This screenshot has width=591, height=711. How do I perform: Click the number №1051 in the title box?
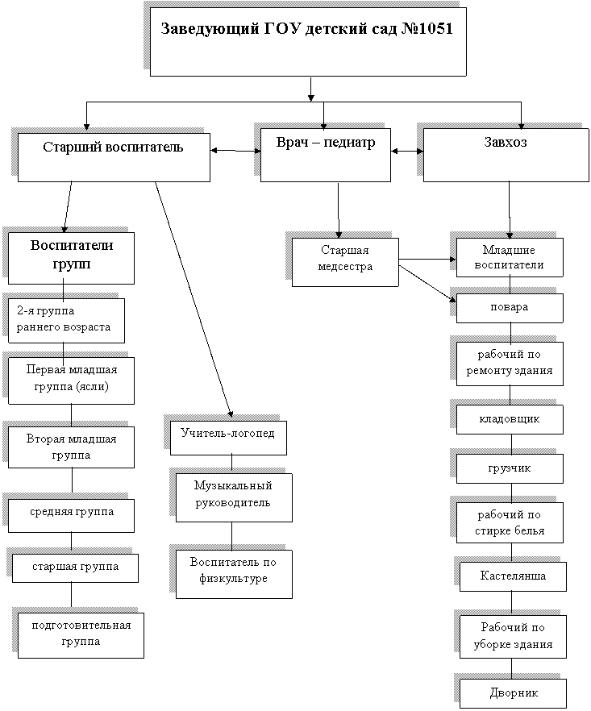click(x=427, y=28)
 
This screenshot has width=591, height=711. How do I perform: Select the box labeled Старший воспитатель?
click(x=114, y=157)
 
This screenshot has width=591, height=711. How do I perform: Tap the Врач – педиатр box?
click(x=325, y=155)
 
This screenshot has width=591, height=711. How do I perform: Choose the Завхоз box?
click(x=506, y=155)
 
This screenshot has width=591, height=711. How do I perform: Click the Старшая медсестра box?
click(x=345, y=262)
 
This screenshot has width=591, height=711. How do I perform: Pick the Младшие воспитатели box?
click(x=510, y=258)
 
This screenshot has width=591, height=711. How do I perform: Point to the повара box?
click(x=510, y=308)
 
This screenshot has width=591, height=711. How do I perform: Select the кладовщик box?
click(x=510, y=419)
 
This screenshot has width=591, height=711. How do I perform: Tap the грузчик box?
click(x=510, y=469)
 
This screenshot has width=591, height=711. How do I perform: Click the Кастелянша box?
click(x=513, y=577)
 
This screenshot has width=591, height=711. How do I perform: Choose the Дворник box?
click(x=513, y=693)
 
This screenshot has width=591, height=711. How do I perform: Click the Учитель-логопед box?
click(x=228, y=438)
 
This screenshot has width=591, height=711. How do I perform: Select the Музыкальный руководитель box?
click(x=234, y=498)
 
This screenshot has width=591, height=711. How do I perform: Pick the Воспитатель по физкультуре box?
click(x=234, y=575)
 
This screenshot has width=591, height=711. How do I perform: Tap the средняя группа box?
click(x=71, y=516)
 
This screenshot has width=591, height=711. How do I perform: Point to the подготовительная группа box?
click(x=81, y=636)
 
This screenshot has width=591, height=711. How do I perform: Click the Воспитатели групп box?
click(x=71, y=259)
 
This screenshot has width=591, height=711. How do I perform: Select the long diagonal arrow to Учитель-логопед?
click(x=194, y=299)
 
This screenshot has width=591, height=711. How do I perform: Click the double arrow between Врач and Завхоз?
click(x=407, y=151)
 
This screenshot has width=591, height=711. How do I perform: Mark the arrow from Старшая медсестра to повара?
click(x=427, y=284)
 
